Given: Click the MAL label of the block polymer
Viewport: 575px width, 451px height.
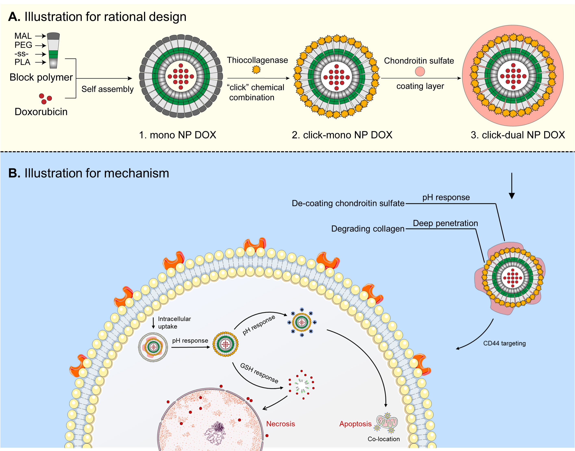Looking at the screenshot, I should [x=23, y=36].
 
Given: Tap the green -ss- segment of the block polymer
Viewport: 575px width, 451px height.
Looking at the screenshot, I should [x=53, y=54].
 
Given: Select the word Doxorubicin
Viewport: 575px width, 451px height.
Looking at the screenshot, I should [x=41, y=112].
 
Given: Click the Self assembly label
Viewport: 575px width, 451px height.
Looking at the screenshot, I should [x=107, y=89].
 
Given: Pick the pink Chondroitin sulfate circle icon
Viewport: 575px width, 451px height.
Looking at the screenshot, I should [x=420, y=71].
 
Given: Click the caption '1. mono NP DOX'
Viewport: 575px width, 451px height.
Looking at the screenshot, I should [x=177, y=135].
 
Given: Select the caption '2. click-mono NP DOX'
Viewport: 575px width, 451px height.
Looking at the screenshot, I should [x=342, y=135].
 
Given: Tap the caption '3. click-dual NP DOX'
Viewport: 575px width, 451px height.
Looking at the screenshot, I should [x=518, y=135].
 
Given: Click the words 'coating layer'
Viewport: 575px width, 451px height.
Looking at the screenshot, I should [x=420, y=86].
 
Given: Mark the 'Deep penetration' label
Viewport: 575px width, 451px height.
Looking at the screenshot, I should [x=445, y=223].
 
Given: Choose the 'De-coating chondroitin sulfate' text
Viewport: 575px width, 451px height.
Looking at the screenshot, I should [x=348, y=203].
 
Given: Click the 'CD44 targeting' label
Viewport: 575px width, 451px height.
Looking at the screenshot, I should [x=504, y=343].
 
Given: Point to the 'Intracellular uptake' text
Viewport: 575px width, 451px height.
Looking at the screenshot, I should [x=174, y=322].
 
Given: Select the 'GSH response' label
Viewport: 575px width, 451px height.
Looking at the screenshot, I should [x=259, y=373].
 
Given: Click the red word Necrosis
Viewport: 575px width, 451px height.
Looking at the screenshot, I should [x=280, y=424].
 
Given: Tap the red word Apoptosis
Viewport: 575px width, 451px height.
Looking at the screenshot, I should [x=355, y=424].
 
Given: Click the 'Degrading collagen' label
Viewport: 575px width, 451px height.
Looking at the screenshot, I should [x=368, y=229].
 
